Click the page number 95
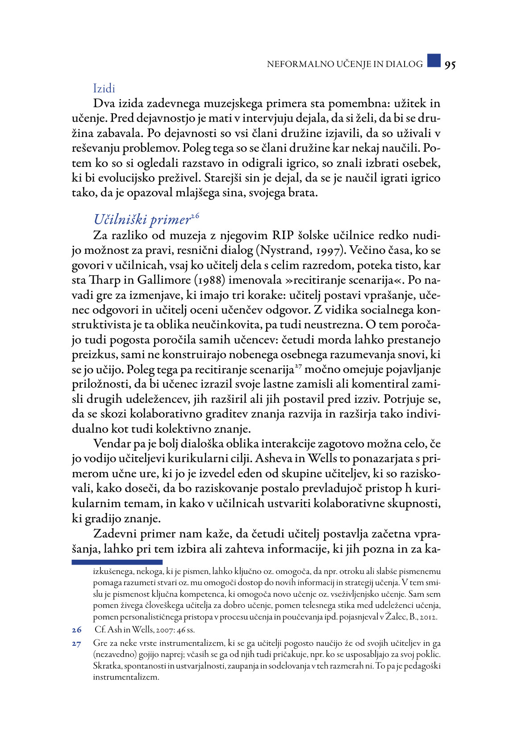pos(450,65)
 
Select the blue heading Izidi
pos(104,88)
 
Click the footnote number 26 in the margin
pos(77,630)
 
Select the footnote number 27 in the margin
pos(77,644)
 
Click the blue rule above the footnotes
pos(117,562)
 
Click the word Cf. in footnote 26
pos(100,630)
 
